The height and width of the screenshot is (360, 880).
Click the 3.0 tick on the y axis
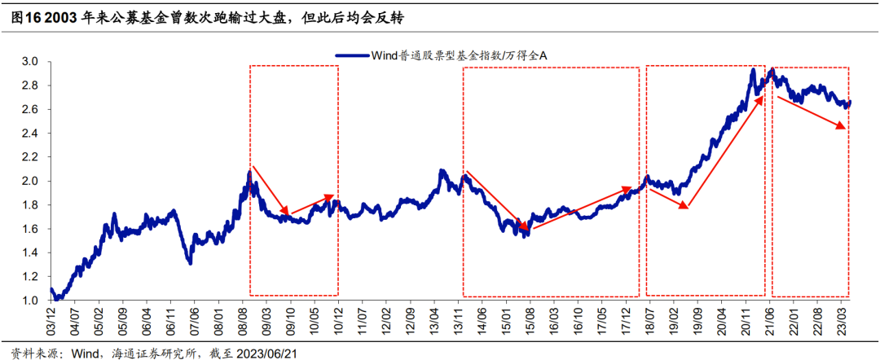point(30,61)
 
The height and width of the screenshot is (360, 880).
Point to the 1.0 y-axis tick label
point(30,301)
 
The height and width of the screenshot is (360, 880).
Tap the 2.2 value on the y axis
point(30,157)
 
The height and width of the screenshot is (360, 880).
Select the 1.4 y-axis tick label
point(30,252)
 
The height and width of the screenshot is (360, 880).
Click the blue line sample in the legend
point(353,56)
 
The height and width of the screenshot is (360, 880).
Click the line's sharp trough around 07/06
point(190,261)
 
